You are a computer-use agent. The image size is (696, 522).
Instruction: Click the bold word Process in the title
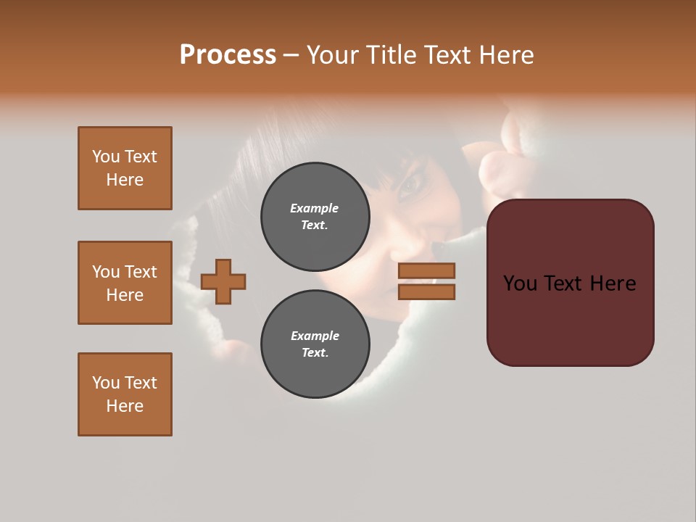pyautogui.click(x=228, y=55)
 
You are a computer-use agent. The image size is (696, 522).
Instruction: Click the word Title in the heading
pyautogui.click(x=391, y=55)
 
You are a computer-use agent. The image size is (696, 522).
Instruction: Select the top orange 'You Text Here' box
pyautogui.click(x=125, y=168)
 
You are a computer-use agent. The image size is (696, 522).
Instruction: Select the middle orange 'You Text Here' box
pyautogui.click(x=125, y=283)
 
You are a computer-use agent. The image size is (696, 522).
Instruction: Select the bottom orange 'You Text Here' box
pyautogui.click(x=125, y=394)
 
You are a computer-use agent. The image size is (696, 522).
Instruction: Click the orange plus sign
pyautogui.click(x=223, y=281)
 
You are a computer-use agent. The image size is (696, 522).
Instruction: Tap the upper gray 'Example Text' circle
pyautogui.click(x=315, y=217)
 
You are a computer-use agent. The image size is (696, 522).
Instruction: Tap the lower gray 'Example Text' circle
pyautogui.click(x=315, y=344)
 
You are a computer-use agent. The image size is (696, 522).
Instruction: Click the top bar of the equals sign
pyautogui.click(x=426, y=270)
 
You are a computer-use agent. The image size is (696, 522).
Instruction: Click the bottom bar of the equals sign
pyautogui.click(x=426, y=291)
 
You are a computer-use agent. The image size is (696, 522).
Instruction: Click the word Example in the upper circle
pyautogui.click(x=315, y=208)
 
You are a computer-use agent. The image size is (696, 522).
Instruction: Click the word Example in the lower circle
pyautogui.click(x=315, y=336)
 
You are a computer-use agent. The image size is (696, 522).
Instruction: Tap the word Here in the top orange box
pyautogui.click(x=125, y=180)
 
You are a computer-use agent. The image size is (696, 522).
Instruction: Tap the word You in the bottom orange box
pyautogui.click(x=106, y=383)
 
